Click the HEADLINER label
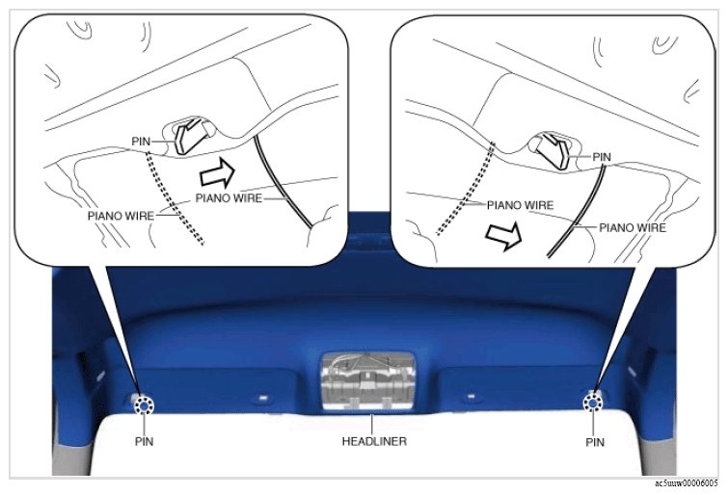tap(374, 441)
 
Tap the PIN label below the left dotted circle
tap(144, 441)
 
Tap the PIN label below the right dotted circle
tap(595, 442)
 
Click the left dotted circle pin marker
tap(144, 406)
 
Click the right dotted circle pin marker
tap(593, 404)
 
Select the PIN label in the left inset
tap(141, 141)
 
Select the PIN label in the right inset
tap(602, 157)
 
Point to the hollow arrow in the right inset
tap(503, 236)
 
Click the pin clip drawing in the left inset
tap(191, 136)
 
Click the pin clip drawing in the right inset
tap(553, 150)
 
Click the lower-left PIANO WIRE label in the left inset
tap(121, 216)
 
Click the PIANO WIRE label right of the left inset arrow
tap(229, 198)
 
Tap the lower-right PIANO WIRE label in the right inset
tap(633, 228)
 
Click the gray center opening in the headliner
tap(368, 380)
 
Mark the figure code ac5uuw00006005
tap(687, 483)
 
